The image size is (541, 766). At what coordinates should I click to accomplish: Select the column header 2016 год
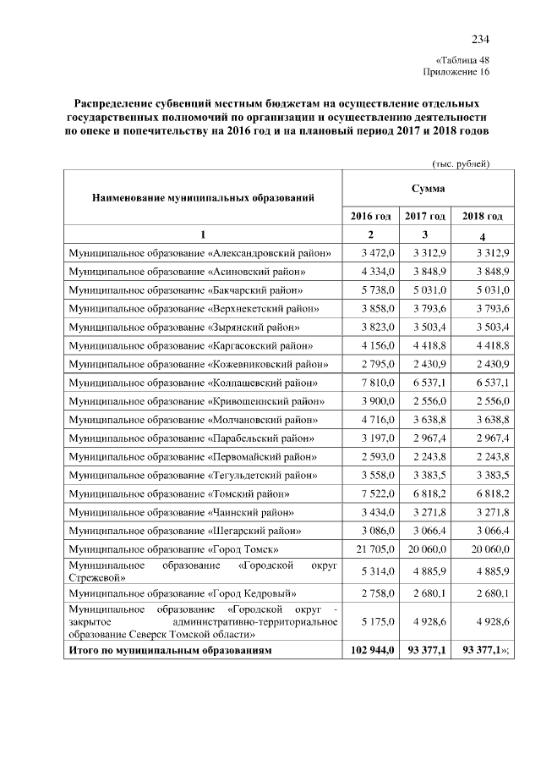370,216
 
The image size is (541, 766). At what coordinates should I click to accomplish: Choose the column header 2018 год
483,216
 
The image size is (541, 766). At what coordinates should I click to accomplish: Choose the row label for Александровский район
199,252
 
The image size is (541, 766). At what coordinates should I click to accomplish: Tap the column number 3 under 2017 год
426,234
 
